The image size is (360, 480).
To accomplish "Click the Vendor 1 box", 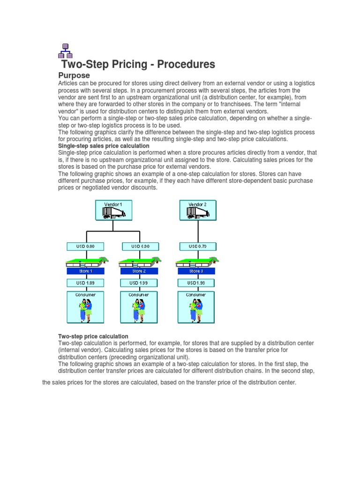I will (x=113, y=210).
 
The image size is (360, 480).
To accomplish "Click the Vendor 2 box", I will (x=197, y=210).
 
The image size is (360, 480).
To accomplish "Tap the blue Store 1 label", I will (x=85, y=271).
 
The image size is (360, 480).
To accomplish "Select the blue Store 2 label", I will (x=139, y=271).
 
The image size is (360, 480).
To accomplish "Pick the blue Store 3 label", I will (x=196, y=271).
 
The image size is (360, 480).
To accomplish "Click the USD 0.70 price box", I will (x=196, y=246).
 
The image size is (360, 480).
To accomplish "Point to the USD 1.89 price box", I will (x=85, y=283).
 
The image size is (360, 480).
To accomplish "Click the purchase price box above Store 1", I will (x=85, y=246).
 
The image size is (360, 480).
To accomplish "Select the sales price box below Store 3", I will (x=196, y=283).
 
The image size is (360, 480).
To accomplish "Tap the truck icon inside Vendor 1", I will (x=113, y=213).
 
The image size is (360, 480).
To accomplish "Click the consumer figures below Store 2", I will (x=139, y=309).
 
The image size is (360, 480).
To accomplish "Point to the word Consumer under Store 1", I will (x=85, y=295).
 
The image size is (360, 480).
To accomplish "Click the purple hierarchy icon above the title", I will (x=65, y=50).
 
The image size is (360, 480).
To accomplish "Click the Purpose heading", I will (x=74, y=75).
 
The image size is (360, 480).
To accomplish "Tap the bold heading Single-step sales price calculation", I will (x=104, y=146).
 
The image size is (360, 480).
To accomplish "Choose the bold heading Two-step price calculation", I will (x=93, y=337).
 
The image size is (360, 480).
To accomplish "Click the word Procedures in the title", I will (x=187, y=64).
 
